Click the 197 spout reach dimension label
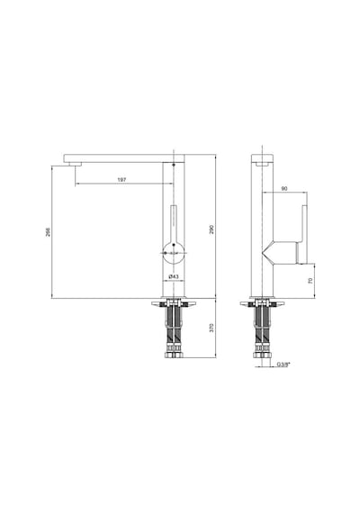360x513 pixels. pos(121,180)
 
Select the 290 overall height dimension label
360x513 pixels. pos(211,229)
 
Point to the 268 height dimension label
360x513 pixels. pos(48,232)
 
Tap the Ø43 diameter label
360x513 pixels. pos(174,277)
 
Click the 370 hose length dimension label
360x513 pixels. pos(211,328)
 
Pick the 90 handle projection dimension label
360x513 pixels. pos(284,189)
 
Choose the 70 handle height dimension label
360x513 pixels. pos(310,281)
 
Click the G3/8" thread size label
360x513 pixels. pos(283,364)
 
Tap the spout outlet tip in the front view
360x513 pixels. pos(75,164)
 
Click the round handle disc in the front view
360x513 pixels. pos(174,253)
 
